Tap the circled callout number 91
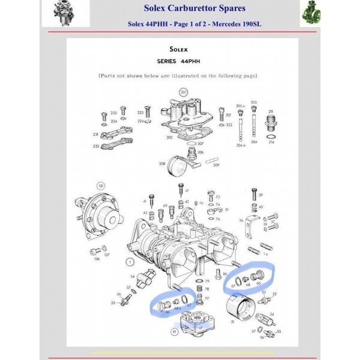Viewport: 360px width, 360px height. click(175, 330)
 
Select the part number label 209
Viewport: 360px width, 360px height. click(216, 164)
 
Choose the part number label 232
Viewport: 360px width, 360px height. click(95, 146)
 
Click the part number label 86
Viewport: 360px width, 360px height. click(224, 273)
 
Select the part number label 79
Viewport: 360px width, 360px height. click(206, 280)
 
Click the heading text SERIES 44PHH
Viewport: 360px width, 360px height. click(181, 62)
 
